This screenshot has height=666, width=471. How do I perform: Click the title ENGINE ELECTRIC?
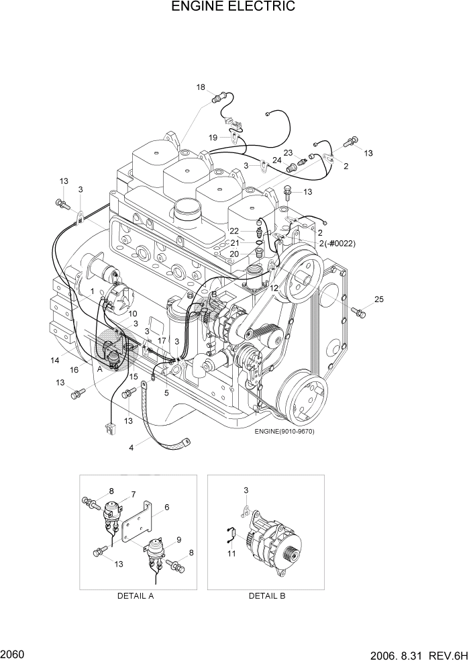click(x=233, y=7)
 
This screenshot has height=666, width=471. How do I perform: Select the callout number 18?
click(x=201, y=87)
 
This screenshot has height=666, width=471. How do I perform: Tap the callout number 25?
click(x=380, y=299)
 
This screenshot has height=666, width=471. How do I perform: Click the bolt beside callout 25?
click(x=358, y=310)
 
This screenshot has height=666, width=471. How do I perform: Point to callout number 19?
click(x=213, y=138)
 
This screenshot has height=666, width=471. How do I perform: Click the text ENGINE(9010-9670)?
click(x=284, y=431)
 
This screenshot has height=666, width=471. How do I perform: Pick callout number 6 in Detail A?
click(x=166, y=508)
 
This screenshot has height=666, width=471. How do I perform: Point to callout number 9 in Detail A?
click(x=179, y=539)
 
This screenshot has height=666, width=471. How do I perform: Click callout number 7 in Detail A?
click(x=134, y=494)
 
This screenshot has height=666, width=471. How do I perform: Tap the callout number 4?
click(x=132, y=448)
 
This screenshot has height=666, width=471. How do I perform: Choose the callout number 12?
click(x=274, y=288)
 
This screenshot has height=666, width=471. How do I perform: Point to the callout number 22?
click(x=235, y=231)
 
